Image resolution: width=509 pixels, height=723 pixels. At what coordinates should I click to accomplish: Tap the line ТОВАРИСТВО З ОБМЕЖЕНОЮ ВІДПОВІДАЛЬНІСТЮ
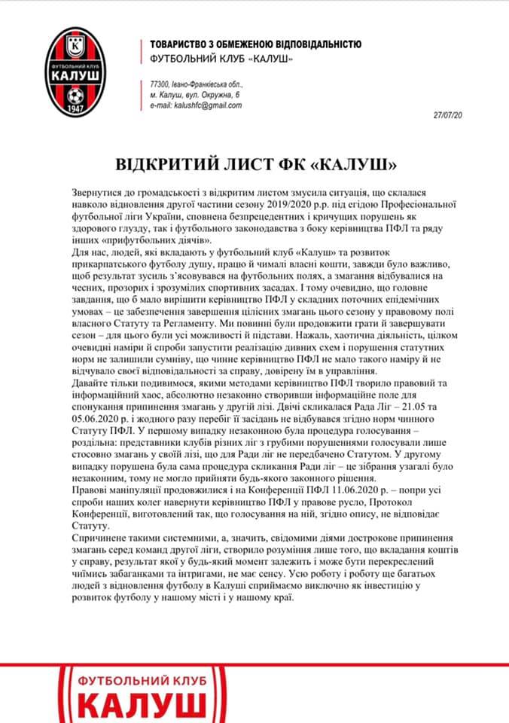point(255,44)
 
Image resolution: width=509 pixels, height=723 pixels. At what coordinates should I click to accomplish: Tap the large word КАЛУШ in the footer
point(143,706)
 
